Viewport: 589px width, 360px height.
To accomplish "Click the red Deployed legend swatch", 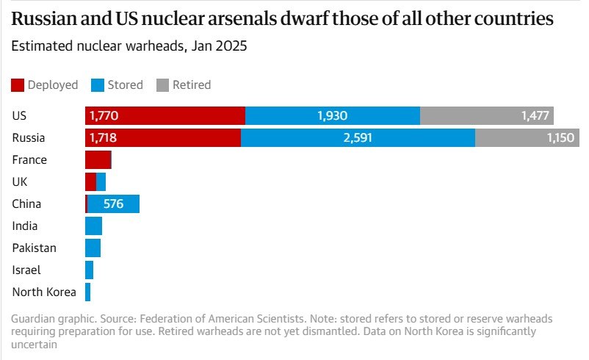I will point(18,85).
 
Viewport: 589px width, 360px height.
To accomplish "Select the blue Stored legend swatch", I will point(98,85).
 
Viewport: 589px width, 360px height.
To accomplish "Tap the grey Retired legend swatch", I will point(162,85).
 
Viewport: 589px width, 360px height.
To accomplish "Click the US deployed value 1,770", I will point(104,116).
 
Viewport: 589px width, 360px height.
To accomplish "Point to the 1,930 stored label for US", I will point(332,116).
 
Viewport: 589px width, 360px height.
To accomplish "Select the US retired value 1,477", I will point(534,116).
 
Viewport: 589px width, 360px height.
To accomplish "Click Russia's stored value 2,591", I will point(357,138).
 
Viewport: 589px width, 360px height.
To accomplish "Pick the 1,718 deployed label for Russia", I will point(104,138).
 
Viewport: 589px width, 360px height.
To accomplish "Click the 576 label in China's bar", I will point(113,204).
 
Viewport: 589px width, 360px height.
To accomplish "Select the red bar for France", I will point(98,160).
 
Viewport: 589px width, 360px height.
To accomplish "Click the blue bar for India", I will point(93,226).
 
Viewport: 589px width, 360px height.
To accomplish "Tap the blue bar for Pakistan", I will point(93,248).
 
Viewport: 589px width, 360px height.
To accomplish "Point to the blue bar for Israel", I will point(89,270).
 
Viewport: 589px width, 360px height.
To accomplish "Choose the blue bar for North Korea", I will point(87,292).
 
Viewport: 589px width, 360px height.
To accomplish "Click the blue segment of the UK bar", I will point(101,182).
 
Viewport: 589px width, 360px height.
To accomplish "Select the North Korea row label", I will point(44,292).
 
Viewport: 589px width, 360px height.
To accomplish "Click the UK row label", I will point(20,182).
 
